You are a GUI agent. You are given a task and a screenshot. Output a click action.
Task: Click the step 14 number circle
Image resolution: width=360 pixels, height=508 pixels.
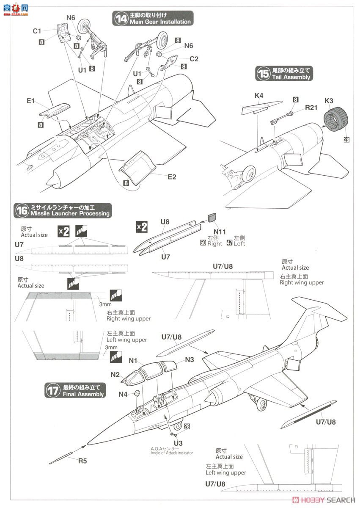pos(121,19)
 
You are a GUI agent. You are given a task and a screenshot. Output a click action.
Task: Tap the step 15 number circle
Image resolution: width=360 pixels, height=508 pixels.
pos(263,74)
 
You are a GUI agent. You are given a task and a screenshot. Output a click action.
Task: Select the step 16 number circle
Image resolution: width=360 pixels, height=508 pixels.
pos(22,210)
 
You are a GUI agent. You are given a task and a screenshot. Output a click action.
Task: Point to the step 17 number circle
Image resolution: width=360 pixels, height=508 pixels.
pos(52,390)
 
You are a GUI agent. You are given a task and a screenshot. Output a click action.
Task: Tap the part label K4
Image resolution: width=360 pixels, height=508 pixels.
pos(259,96)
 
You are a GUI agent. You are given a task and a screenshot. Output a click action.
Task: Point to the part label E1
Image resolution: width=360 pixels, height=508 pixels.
pos(30,101)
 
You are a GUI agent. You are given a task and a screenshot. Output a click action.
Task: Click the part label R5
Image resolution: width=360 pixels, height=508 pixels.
pos(82,461)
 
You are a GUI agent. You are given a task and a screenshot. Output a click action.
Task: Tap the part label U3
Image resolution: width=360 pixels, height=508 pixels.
pos(173,442)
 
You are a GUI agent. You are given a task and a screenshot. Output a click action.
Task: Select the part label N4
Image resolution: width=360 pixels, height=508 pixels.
pos(123,394)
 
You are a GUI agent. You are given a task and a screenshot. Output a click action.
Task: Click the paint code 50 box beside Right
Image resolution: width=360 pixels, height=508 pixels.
pos(203,243)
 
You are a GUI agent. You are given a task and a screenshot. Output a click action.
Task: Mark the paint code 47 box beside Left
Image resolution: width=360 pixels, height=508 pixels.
pos(230,243)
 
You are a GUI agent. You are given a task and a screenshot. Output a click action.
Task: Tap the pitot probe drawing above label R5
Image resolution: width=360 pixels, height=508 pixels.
pos(67,453)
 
